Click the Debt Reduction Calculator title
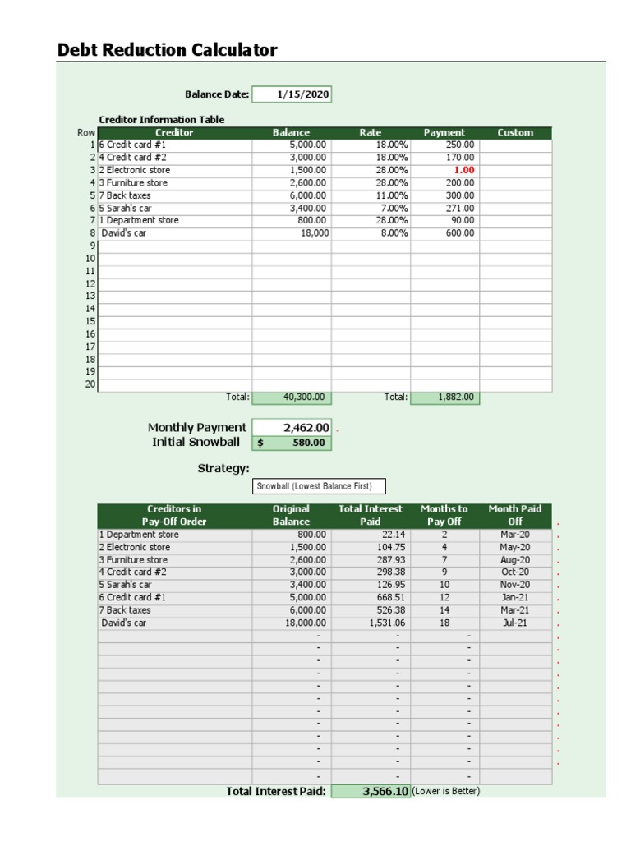pyautogui.click(x=167, y=50)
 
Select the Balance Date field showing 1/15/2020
pyautogui.click(x=292, y=94)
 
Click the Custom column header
pyautogui.click(x=515, y=132)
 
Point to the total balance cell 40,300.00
pyautogui.click(x=292, y=398)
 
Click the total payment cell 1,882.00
pyautogui.click(x=444, y=398)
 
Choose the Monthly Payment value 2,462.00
pyautogui.click(x=292, y=427)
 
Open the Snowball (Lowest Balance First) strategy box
pyautogui.click(x=318, y=486)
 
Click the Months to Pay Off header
pyautogui.click(x=444, y=515)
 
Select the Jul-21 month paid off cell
pyautogui.click(x=515, y=623)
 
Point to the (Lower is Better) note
pyautogui.click(x=445, y=791)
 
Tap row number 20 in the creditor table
pyautogui.click(x=90, y=384)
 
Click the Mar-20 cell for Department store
pyautogui.click(x=515, y=534)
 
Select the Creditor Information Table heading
pyautogui.click(x=161, y=119)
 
